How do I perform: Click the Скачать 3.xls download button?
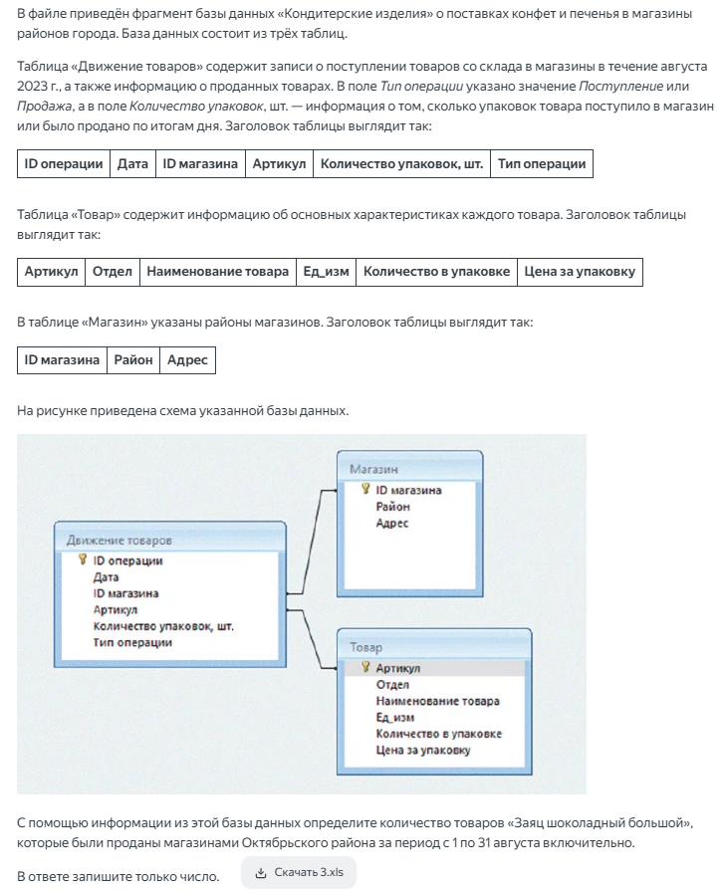pyautogui.click(x=299, y=872)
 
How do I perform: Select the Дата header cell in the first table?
pyautogui.click(x=132, y=164)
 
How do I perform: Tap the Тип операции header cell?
pyautogui.click(x=542, y=164)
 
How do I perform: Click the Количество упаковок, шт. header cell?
pyautogui.click(x=401, y=164)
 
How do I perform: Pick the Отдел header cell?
pyautogui.click(x=112, y=272)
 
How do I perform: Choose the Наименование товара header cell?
pyautogui.click(x=218, y=272)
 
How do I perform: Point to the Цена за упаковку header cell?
pyautogui.click(x=580, y=272)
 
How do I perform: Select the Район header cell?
pyautogui.click(x=133, y=359)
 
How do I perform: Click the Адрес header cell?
pyautogui.click(x=187, y=359)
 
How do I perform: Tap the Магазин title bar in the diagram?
pyautogui.click(x=410, y=468)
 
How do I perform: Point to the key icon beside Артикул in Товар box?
pyautogui.click(x=365, y=668)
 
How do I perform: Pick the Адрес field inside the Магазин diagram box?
pyautogui.click(x=391, y=523)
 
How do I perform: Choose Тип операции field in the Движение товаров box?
pyautogui.click(x=132, y=642)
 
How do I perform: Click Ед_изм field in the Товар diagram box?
pyautogui.click(x=394, y=717)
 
